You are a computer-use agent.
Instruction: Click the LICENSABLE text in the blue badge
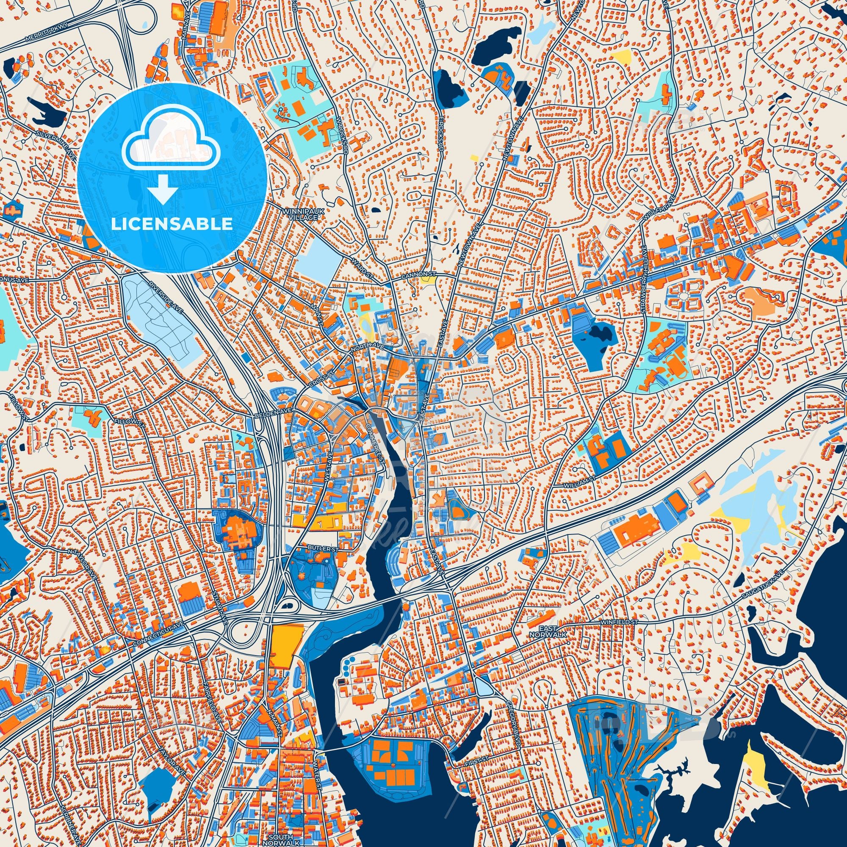172,224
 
